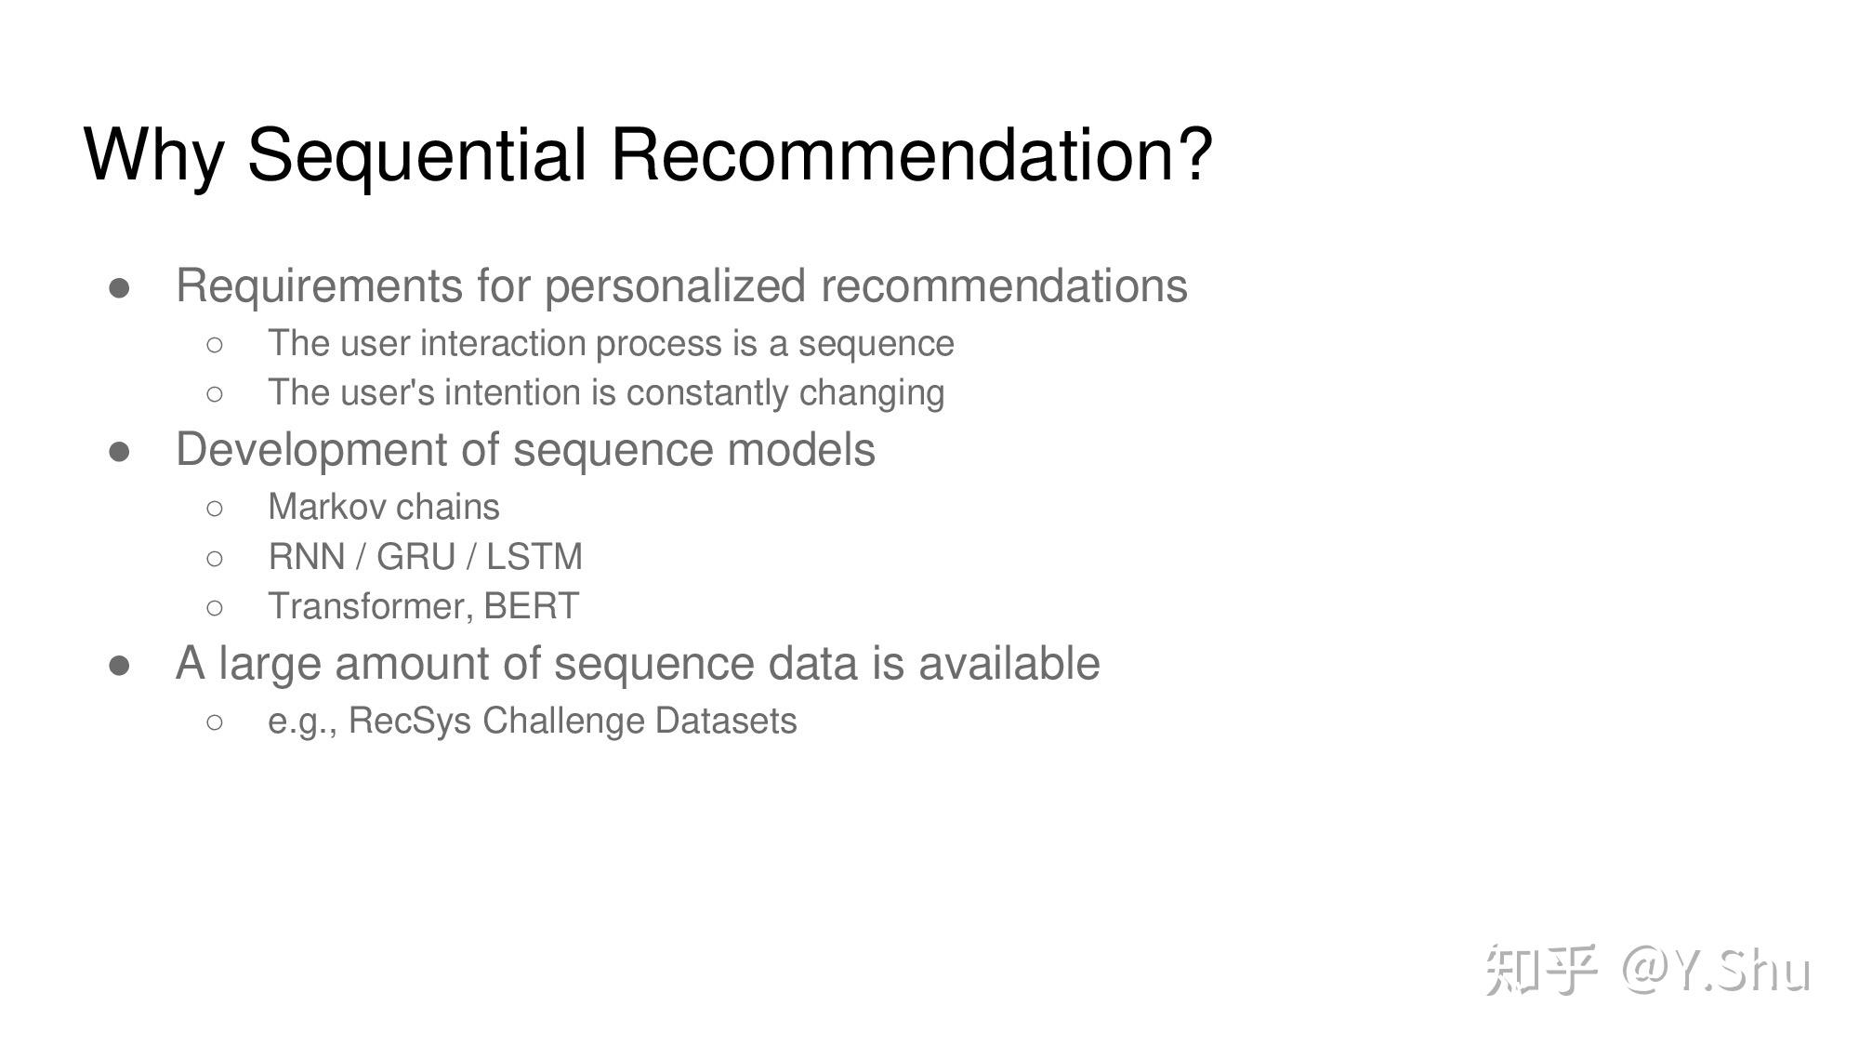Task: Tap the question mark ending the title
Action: (1195, 152)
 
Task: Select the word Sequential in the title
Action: (416, 154)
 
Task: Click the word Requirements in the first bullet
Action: (320, 286)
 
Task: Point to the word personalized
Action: (675, 286)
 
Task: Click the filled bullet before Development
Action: (120, 452)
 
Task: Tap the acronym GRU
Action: (415, 557)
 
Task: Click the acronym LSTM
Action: (534, 557)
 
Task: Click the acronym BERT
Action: (531, 606)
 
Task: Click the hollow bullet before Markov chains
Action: (215, 508)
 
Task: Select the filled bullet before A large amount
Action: (120, 666)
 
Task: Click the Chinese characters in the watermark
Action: (1541, 970)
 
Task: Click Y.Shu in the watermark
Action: (1742, 970)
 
